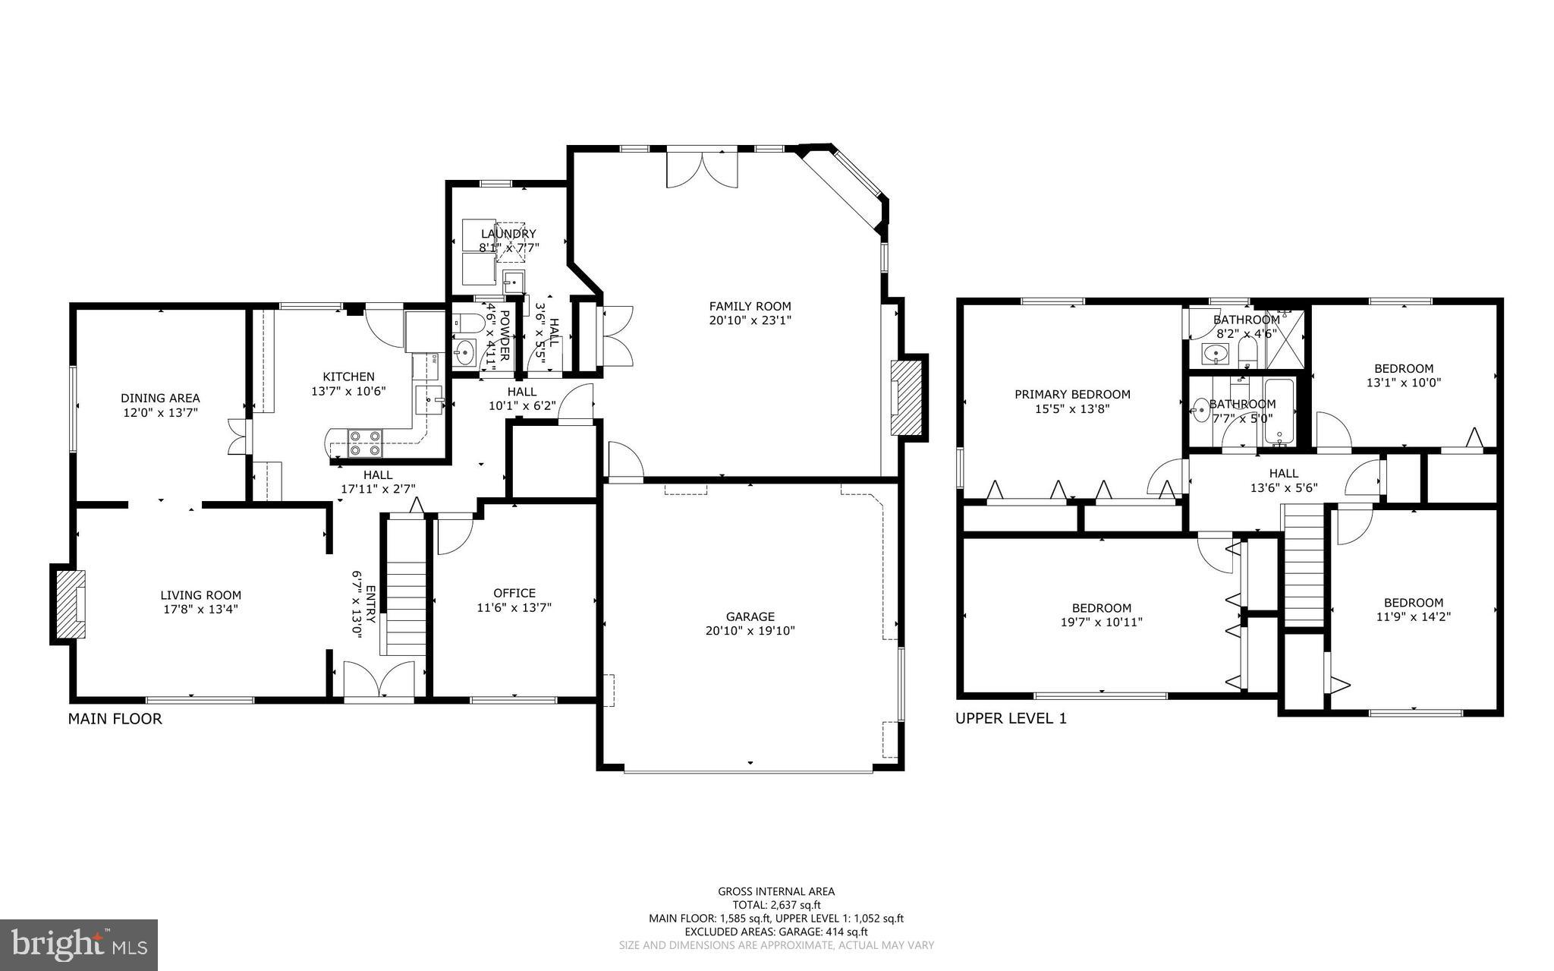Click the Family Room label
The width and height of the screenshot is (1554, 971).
(750, 307)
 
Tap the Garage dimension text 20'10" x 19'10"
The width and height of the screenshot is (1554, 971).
(750, 631)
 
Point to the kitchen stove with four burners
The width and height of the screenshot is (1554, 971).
(365, 443)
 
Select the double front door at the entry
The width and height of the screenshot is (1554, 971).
(379, 679)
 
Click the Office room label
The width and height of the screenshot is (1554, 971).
(514, 594)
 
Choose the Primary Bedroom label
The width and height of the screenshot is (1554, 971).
(1072, 395)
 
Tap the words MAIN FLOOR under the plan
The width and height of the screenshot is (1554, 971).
(115, 719)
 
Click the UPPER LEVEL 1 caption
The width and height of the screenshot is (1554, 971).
(1011, 718)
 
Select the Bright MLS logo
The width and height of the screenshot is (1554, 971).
(79, 945)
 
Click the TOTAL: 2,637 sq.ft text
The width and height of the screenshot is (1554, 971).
(776, 905)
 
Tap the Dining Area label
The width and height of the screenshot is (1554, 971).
(160, 399)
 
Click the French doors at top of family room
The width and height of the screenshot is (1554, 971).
(702, 168)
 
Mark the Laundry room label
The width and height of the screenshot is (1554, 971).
(508, 234)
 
